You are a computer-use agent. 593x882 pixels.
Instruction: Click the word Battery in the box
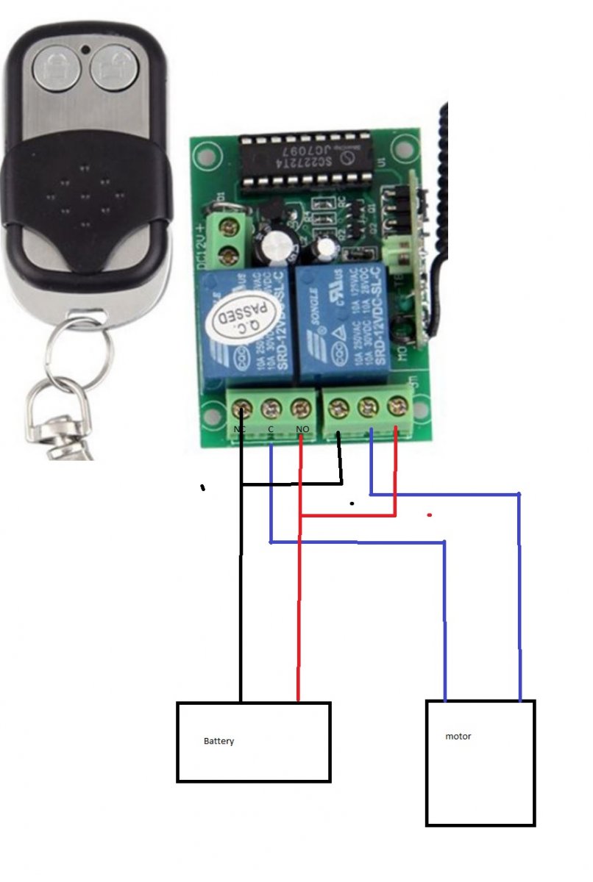[219, 741]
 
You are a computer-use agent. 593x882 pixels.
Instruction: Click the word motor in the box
[458, 736]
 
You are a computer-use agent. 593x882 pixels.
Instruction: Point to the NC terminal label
[239, 428]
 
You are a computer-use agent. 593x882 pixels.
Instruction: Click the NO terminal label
[302, 428]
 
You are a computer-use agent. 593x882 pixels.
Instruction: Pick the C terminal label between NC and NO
[270, 428]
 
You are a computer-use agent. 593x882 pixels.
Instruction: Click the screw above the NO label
[300, 406]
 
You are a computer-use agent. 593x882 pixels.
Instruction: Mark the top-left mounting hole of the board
[206, 153]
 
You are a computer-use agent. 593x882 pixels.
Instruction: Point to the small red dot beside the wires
[429, 515]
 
